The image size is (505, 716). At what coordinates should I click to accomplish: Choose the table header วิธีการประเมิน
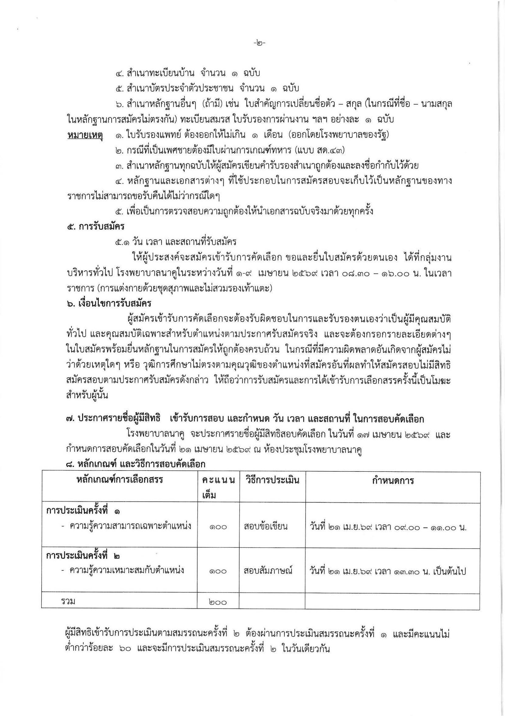point(272,480)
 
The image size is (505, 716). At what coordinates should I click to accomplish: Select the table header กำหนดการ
point(393,480)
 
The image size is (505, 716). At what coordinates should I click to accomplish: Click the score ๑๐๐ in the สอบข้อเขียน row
point(218,527)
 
